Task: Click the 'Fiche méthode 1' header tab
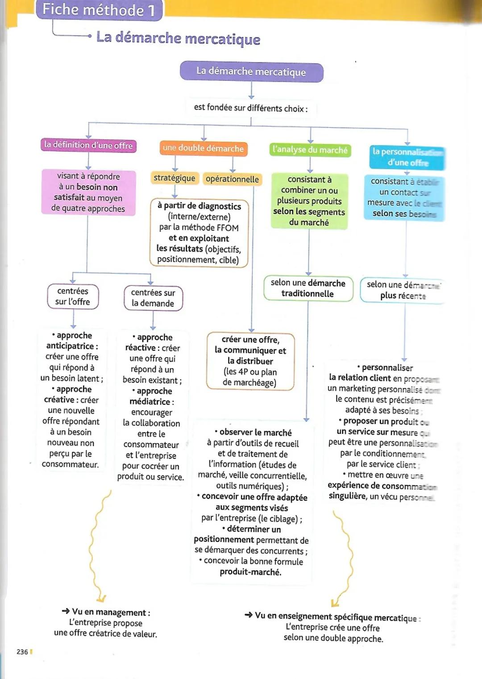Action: coord(99,10)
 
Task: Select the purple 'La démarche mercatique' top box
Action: coord(251,71)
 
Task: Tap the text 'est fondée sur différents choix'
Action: coord(251,108)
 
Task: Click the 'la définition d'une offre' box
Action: coord(88,145)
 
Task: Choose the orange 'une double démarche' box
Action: coord(203,148)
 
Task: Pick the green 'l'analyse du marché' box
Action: coord(310,150)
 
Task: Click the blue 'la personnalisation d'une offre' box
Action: coord(407,157)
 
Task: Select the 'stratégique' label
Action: coord(175,178)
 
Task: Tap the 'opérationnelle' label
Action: coord(232,179)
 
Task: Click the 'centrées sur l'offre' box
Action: coord(73,296)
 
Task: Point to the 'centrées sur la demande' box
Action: coord(153,298)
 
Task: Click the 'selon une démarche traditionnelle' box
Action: coord(308,288)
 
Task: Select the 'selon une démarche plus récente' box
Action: coord(403,290)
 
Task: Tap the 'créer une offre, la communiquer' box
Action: coord(250,361)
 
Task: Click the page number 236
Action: coord(22,652)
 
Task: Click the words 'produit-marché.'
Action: coord(250,572)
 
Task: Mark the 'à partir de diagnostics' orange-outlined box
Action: coord(199,233)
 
